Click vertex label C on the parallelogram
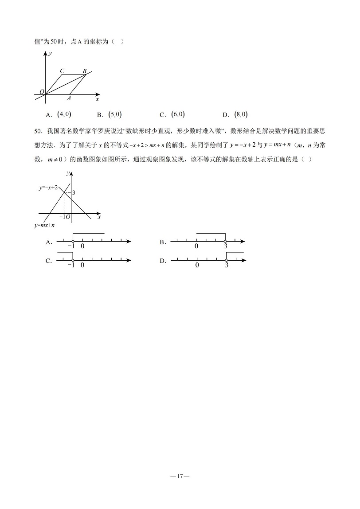click(62, 71)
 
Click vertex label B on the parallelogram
click(85, 71)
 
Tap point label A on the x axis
click(69, 98)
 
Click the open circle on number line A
click(73, 242)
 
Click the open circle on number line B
click(225, 242)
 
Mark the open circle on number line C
click(73, 260)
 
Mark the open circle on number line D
click(226, 260)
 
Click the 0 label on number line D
click(197, 266)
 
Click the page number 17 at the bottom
click(180, 477)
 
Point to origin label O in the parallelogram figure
click(41, 92)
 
